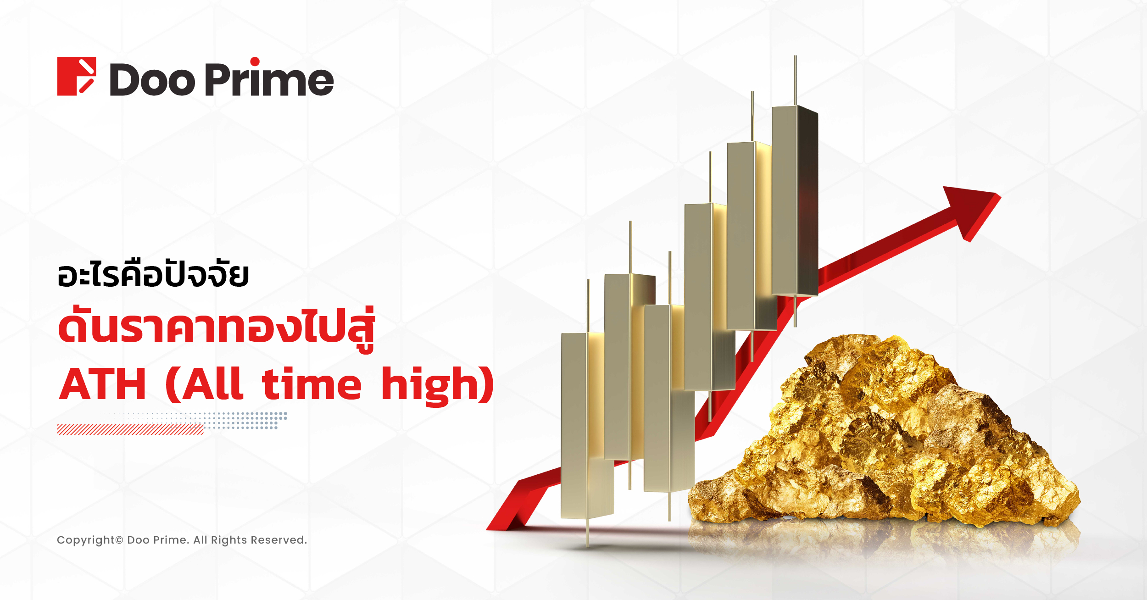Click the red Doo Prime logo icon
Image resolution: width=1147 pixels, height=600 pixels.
click(x=77, y=76)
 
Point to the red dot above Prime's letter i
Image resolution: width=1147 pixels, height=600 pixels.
click(x=255, y=62)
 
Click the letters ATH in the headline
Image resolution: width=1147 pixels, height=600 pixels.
click(x=103, y=384)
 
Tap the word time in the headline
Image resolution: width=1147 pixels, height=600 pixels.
click(x=312, y=383)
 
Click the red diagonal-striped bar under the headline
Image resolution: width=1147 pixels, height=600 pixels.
click(x=130, y=429)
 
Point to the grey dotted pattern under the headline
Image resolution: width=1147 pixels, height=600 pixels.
click(x=202, y=420)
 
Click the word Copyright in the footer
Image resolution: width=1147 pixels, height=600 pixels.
click(x=86, y=540)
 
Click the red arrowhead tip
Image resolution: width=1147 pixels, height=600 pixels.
click(x=1001, y=194)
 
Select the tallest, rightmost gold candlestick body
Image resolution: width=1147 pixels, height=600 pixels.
click(x=795, y=201)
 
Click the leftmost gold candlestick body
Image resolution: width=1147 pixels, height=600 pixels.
click(x=587, y=425)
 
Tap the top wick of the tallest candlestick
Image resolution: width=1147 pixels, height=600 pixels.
click(x=795, y=81)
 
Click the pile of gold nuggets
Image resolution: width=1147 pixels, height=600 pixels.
click(x=883, y=433)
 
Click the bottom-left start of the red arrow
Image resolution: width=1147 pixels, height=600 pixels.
click(x=487, y=529)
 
